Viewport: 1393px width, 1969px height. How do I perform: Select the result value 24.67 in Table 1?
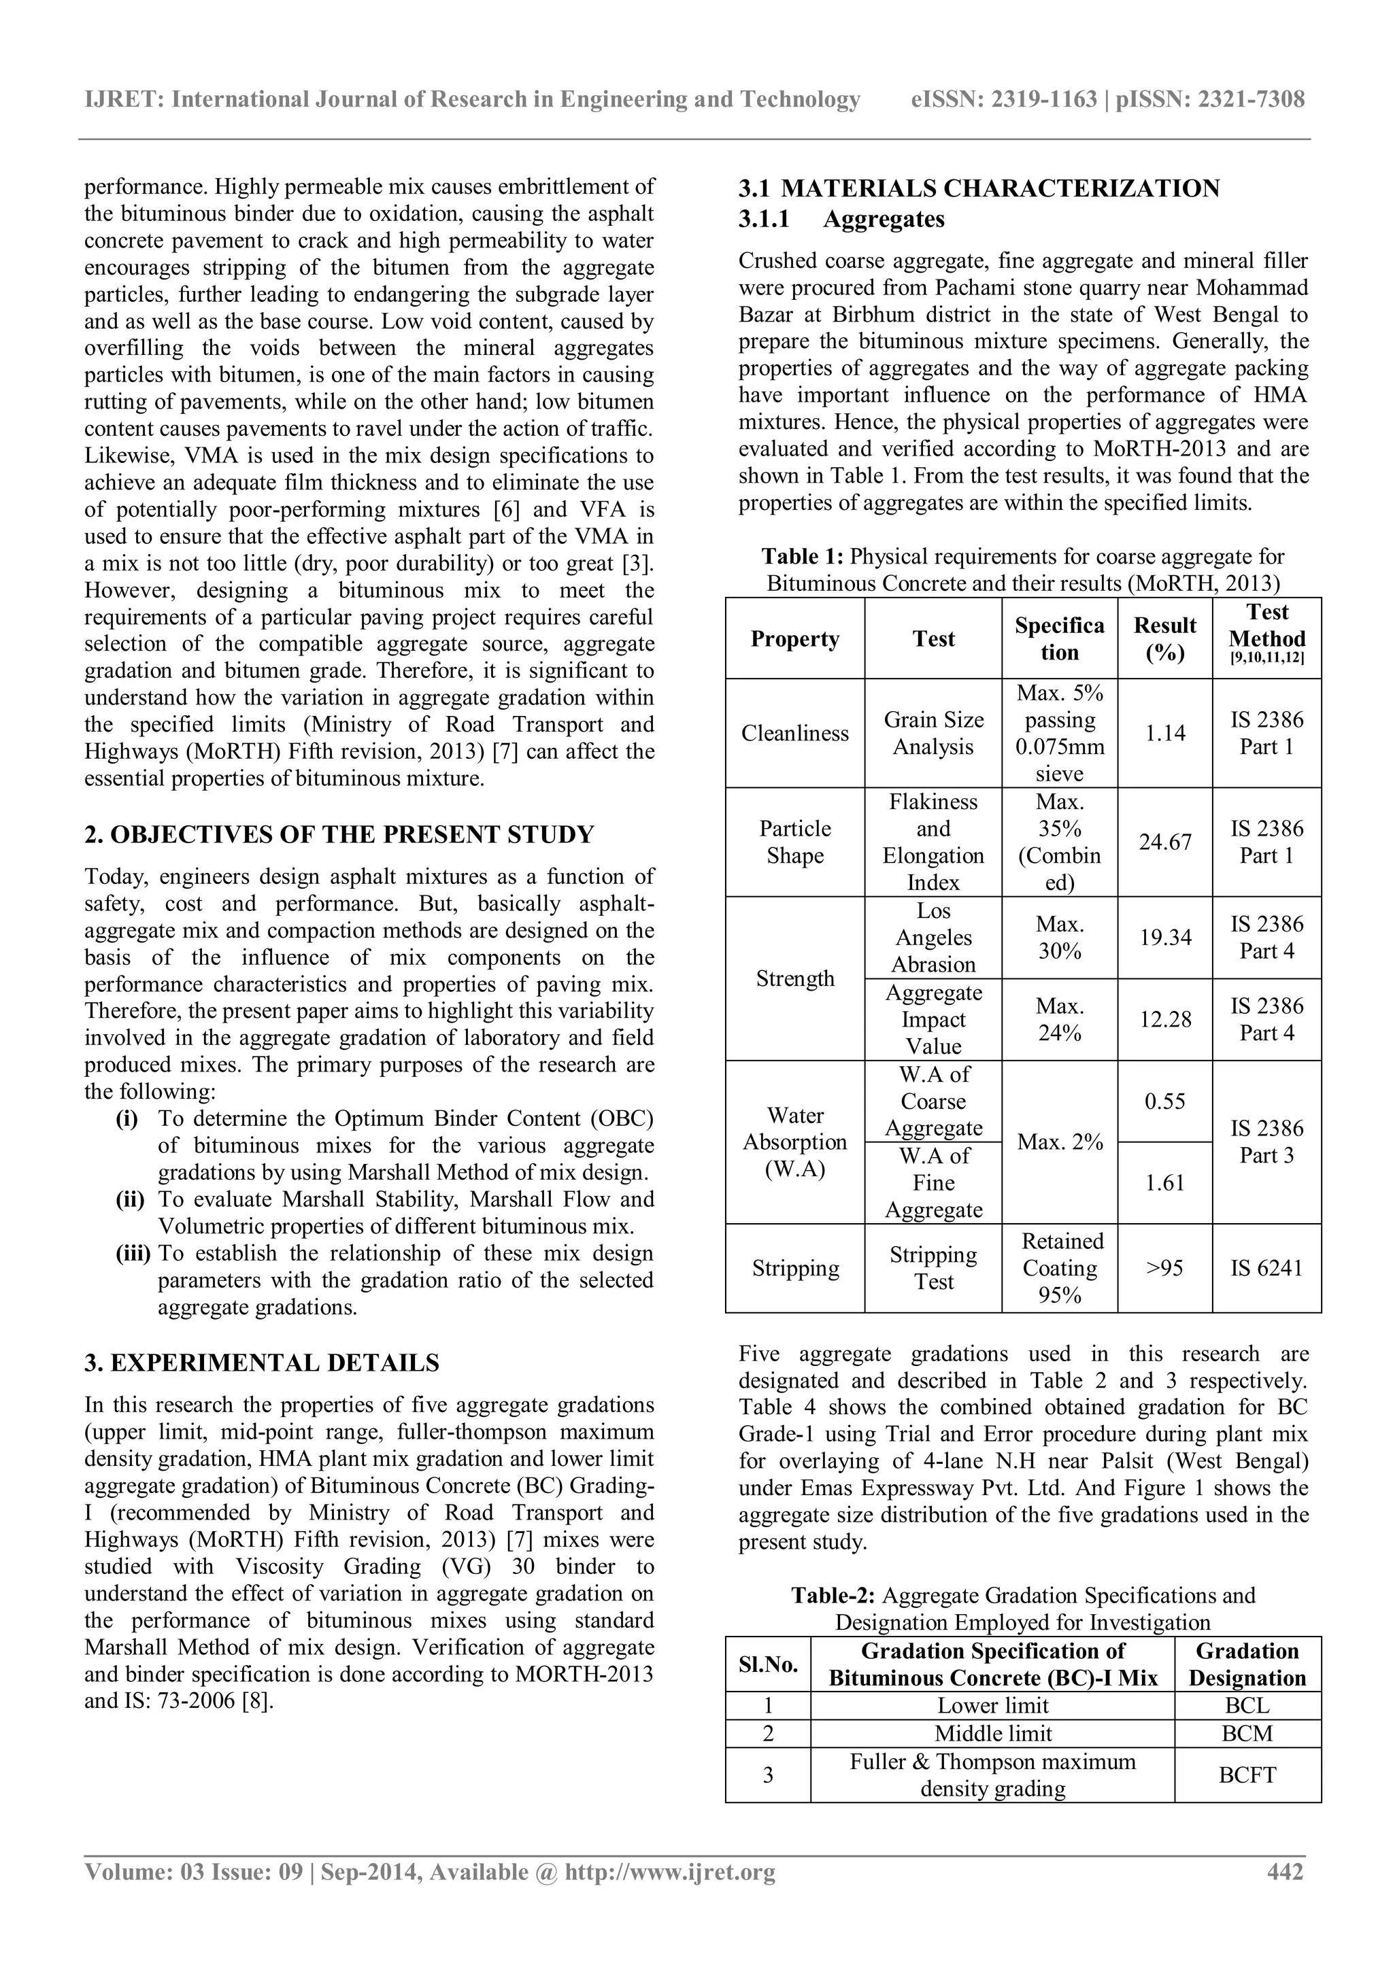tap(1165, 842)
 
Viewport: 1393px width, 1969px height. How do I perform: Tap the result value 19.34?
tap(1165, 938)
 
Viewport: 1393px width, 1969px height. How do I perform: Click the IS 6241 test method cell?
tap(1266, 1268)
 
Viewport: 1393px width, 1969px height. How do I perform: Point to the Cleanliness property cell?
tap(794, 733)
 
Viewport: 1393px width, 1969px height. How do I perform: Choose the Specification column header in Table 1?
tap(1059, 639)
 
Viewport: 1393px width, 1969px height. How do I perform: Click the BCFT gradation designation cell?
tap(1247, 1775)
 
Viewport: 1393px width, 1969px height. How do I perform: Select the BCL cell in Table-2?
tap(1247, 1706)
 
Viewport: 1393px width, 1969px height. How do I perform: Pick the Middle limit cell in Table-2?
tap(992, 1734)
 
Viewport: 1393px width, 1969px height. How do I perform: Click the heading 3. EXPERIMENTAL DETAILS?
tap(262, 1364)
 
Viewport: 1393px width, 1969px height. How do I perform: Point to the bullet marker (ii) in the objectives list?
tap(131, 1200)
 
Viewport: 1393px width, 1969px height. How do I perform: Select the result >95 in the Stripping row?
tap(1165, 1268)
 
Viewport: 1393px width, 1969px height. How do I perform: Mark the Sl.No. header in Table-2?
tap(768, 1664)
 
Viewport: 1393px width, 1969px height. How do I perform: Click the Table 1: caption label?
tap(804, 558)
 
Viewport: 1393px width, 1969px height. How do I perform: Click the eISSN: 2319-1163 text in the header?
tap(1003, 99)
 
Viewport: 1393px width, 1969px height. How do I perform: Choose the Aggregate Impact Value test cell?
tap(933, 1020)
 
